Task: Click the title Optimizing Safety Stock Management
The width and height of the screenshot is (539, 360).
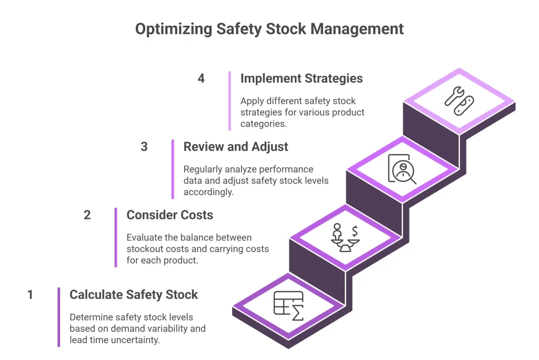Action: click(269, 28)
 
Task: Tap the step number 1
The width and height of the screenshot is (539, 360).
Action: click(30, 295)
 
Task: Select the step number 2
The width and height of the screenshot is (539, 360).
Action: click(87, 215)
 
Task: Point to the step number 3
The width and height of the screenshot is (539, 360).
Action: click(144, 146)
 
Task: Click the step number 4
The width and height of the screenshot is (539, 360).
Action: click(201, 78)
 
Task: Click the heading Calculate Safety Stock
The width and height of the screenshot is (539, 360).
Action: click(134, 295)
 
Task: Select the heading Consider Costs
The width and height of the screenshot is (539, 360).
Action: click(169, 215)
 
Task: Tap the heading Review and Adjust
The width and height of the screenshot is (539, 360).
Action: click(235, 146)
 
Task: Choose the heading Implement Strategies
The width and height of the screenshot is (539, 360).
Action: click(301, 78)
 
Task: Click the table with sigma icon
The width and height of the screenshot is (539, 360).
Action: click(288, 305)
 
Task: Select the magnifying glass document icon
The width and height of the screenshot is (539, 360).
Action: click(402, 169)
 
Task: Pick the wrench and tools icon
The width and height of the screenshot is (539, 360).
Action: click(459, 101)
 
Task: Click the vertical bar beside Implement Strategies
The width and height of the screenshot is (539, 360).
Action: click(229, 101)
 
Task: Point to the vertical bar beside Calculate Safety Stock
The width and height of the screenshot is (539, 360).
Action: click(59, 317)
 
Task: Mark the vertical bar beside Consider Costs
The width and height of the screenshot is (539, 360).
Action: click(116, 237)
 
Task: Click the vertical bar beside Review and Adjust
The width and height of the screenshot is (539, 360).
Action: click(173, 169)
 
